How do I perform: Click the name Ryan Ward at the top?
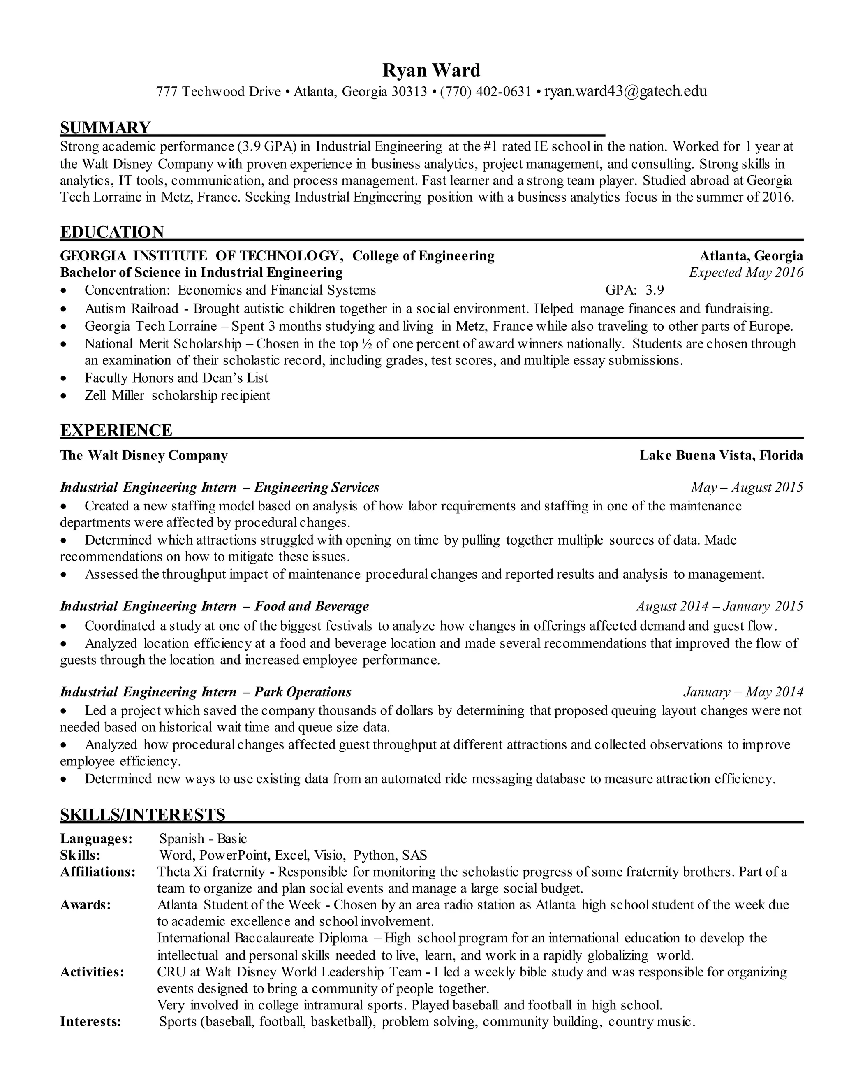pyautogui.click(x=431, y=70)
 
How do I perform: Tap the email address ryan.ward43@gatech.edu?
pyautogui.click(x=625, y=92)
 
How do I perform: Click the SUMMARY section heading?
pyautogui.click(x=105, y=128)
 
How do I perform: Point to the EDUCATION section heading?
pyautogui.click(x=112, y=232)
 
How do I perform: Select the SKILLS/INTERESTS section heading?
pyautogui.click(x=143, y=814)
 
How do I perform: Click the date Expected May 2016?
pyautogui.click(x=746, y=272)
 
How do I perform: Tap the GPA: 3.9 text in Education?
pyautogui.click(x=634, y=290)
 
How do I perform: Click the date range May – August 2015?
pyautogui.click(x=747, y=487)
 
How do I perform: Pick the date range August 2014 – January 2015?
pyautogui.click(x=719, y=606)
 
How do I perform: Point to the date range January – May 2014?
pyautogui.click(x=743, y=692)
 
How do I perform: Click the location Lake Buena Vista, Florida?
pyautogui.click(x=721, y=455)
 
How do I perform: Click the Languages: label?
pyautogui.click(x=96, y=839)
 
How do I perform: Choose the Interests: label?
pyautogui.click(x=91, y=1022)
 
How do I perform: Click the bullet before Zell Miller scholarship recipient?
pyautogui.click(x=63, y=396)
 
